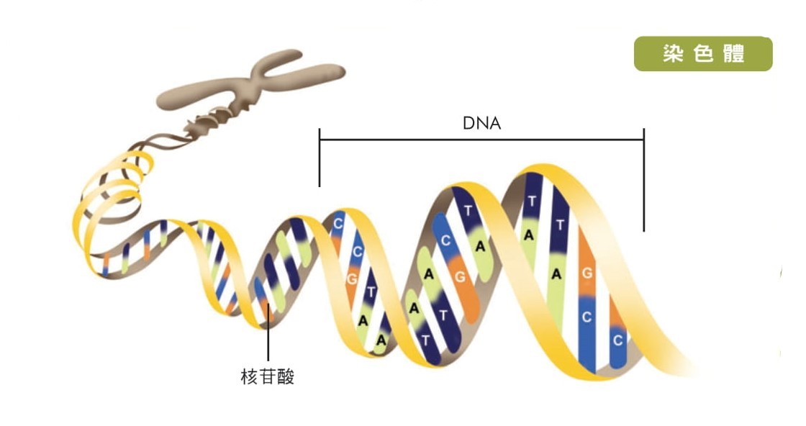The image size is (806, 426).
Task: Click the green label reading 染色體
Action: [702, 54]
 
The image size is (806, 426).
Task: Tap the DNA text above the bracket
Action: [481, 123]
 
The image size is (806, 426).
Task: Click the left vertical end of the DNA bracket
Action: [320, 158]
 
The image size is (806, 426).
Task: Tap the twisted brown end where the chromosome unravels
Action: [209, 122]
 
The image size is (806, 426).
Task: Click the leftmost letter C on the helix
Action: [338, 224]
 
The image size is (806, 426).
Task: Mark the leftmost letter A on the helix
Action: [363, 321]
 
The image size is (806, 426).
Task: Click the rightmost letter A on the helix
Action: [556, 273]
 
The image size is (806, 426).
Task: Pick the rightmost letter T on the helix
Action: [560, 225]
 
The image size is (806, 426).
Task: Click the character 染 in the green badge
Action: [672, 55]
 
